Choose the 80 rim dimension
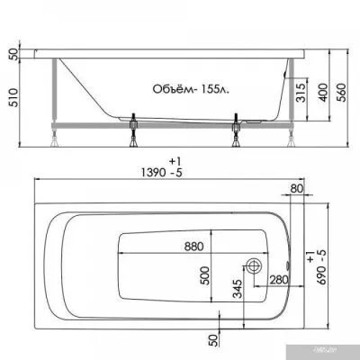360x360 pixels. (296, 190)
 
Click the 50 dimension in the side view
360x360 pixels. (12, 54)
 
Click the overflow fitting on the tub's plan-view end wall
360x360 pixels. (286, 266)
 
